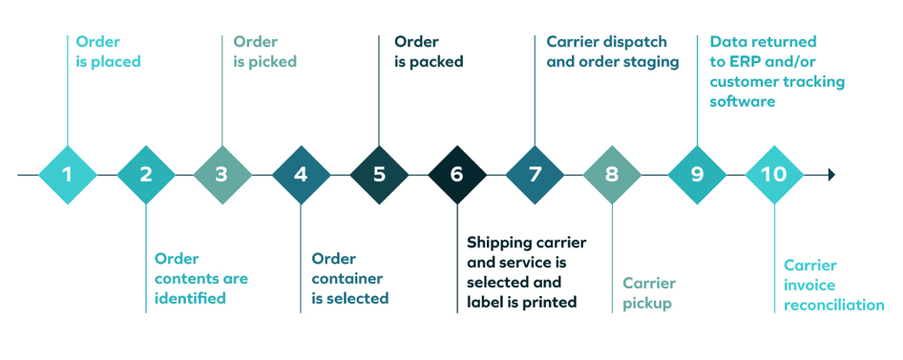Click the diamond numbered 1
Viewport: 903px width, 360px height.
coord(67,175)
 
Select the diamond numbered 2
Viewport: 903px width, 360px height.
coord(145,175)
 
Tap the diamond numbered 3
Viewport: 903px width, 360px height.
coord(222,175)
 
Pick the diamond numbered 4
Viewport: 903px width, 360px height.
coord(301,175)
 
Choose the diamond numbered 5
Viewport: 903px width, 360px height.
coord(379,175)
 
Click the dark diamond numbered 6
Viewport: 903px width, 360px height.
coord(456,175)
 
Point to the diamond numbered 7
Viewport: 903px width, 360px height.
coord(535,175)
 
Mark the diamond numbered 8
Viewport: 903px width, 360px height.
coord(612,175)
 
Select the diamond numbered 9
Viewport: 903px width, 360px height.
coord(697,175)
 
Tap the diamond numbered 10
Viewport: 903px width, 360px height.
coord(774,175)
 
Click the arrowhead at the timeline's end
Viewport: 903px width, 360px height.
coord(831,175)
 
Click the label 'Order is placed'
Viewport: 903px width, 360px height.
coord(108,52)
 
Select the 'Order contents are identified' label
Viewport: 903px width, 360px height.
coord(200,278)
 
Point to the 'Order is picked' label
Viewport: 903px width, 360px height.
coord(264,52)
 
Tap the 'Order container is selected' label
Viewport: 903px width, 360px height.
coord(350,278)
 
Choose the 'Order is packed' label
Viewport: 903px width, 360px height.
coord(429,52)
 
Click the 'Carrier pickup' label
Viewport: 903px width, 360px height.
coord(649,293)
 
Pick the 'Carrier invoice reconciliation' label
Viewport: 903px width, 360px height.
coord(833,286)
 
